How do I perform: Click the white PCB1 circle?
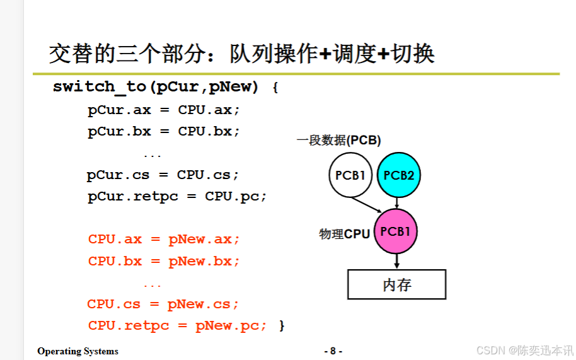pyautogui.click(x=350, y=175)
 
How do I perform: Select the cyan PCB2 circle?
pyautogui.click(x=398, y=175)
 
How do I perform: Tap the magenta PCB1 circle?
pyautogui.click(x=396, y=231)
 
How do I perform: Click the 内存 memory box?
pyautogui.click(x=396, y=284)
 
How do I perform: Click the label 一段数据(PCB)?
pyautogui.click(x=339, y=141)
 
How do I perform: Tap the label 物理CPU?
pyautogui.click(x=344, y=234)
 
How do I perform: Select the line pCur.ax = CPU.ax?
pyautogui.click(x=164, y=110)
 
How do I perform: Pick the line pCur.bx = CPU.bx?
pyautogui.click(x=164, y=132)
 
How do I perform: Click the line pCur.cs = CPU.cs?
pyautogui.click(x=163, y=175)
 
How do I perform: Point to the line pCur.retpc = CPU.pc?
pyautogui.click(x=177, y=196)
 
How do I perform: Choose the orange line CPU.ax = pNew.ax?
pyautogui.click(x=164, y=240)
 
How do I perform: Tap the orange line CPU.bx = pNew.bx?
pyautogui.click(x=164, y=261)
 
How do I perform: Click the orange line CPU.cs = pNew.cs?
pyautogui.click(x=163, y=304)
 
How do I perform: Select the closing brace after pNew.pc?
pyautogui.click(x=282, y=325)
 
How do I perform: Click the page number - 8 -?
pyautogui.click(x=333, y=351)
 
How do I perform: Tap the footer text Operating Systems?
pyautogui.click(x=78, y=351)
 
